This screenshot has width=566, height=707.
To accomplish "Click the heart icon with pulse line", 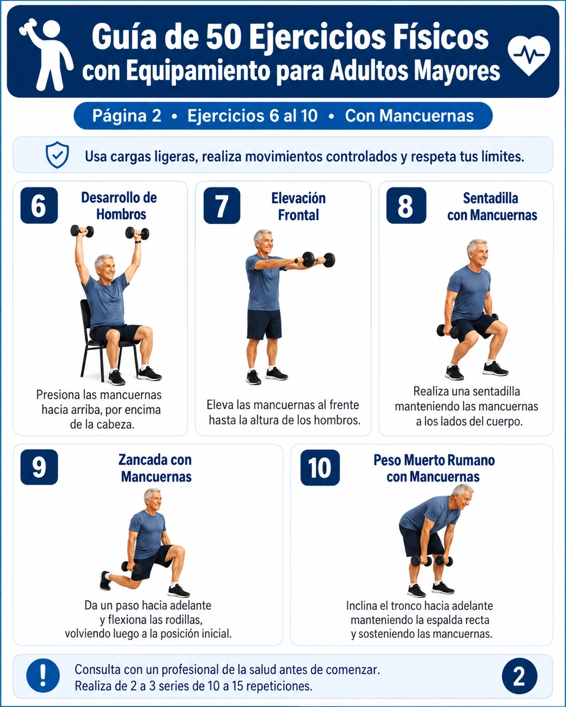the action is pos(529,55).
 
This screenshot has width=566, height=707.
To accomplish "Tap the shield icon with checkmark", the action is pos(57,155).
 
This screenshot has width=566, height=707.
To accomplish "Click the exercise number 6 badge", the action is pos(39,205).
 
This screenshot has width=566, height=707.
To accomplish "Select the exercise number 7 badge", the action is pos(222,206).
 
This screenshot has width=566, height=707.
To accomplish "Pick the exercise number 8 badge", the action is pos(406,206).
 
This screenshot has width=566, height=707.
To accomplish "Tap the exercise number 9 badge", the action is pos(39,467).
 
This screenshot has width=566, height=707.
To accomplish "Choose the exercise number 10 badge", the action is pos(320,467).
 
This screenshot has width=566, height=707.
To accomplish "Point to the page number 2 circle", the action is pos(519,677).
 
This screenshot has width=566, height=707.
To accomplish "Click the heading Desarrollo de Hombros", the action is pos(120,206).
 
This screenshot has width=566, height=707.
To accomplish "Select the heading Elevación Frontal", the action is pos(299,207).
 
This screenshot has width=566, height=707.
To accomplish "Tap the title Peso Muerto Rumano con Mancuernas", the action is pos(434,468).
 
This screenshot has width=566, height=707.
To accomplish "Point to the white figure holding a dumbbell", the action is pos(46,54).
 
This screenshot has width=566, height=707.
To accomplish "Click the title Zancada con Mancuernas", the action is pos(155,468).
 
